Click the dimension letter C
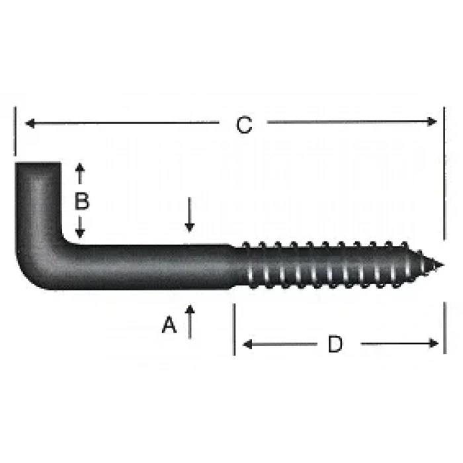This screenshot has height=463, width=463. tap(245, 124)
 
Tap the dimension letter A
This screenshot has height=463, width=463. tap(170, 325)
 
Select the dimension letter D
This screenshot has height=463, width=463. tap(335, 344)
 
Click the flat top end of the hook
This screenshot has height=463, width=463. tap(38, 164)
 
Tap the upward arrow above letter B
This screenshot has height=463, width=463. tap(81, 171)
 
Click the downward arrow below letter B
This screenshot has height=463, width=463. tap(81, 232)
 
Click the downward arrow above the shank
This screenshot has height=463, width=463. tap(190, 225)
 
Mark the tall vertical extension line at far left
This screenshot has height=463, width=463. tap(15, 132)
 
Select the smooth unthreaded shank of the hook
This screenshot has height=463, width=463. tap(152, 267)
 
